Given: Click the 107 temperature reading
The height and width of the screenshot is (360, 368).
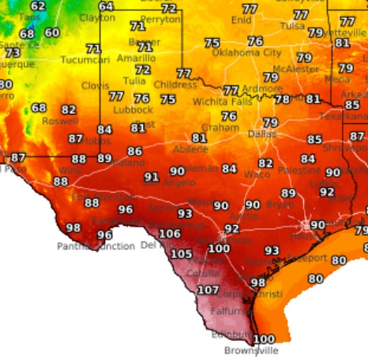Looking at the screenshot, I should [208, 290].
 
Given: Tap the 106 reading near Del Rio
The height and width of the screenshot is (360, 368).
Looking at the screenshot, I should [170, 234].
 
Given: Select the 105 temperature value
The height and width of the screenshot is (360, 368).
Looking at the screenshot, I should [181, 253].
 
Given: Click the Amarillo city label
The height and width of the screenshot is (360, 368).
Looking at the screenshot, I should [134, 58].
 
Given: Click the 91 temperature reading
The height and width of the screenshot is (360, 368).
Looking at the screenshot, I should [152, 178].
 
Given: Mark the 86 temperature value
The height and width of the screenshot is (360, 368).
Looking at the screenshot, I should [135, 152].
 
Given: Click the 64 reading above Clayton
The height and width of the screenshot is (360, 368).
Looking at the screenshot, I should [106, 6].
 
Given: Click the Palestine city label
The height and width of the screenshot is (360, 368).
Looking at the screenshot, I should [299, 170].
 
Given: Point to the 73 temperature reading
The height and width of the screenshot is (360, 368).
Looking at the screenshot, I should [13, 53].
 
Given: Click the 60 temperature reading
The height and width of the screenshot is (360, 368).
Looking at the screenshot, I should [52, 32].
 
